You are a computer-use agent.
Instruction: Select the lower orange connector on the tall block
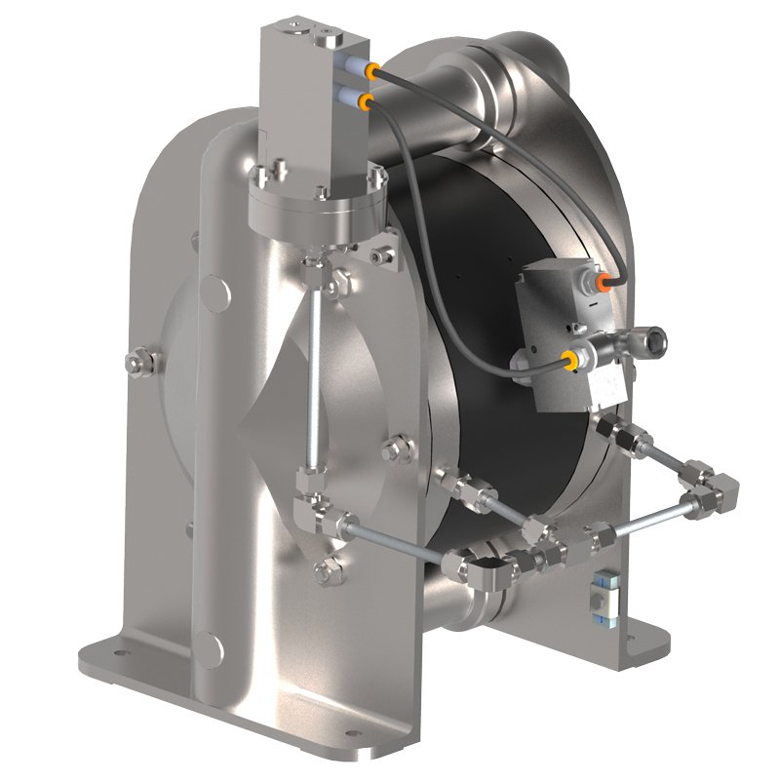pos(364,100)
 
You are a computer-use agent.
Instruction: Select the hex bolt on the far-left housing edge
pos(134,364)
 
